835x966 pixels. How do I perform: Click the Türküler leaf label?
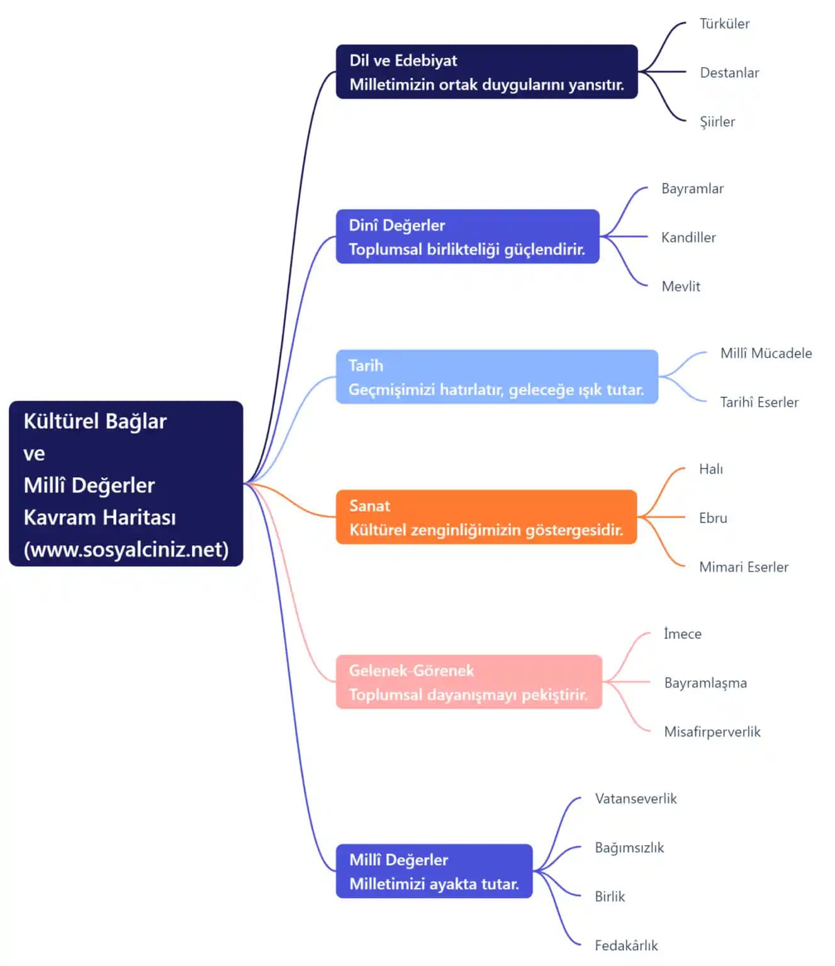point(724,24)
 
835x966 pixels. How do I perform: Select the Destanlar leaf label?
point(729,73)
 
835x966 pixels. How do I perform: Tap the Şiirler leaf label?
point(717,122)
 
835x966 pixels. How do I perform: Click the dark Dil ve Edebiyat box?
point(486,72)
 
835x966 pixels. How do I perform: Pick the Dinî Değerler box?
point(467,236)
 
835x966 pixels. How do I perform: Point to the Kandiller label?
point(688,238)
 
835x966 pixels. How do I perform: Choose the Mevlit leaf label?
point(681,287)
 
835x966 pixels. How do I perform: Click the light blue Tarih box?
point(496,377)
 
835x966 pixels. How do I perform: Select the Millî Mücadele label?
point(766,353)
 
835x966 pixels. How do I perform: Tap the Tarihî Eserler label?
point(759,402)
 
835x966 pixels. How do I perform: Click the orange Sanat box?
point(486,517)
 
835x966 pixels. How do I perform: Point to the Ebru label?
point(713,518)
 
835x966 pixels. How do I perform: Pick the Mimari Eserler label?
point(743,567)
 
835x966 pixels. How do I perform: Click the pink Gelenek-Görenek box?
point(468,682)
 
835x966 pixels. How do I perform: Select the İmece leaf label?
point(682,634)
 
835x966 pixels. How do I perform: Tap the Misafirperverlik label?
point(712,732)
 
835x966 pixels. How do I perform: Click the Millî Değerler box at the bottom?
point(434,871)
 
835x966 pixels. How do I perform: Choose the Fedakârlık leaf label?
point(626,946)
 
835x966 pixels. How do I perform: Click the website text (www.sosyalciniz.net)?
point(126,550)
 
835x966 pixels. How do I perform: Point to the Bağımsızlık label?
point(629,848)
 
